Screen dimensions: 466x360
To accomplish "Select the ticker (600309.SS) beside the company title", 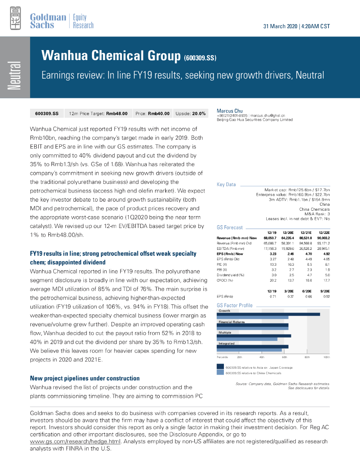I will tap(200, 58).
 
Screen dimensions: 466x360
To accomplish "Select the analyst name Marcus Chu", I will tap(230, 111).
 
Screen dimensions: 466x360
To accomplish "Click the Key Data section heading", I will tap(226, 184).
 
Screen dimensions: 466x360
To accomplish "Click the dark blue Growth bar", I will tap(268, 314).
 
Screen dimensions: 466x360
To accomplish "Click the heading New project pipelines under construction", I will tap(85, 378).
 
